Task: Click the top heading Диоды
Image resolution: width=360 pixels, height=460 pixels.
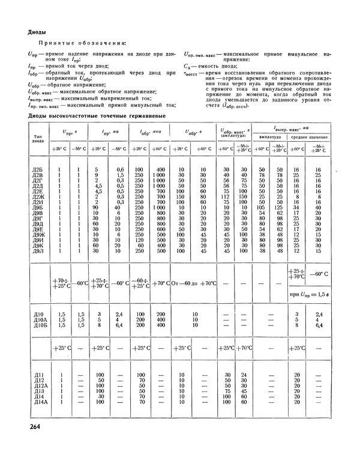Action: (x=38, y=32)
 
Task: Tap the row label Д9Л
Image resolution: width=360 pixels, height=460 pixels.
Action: (x=37, y=251)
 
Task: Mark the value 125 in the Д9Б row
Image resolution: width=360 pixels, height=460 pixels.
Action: (x=278, y=208)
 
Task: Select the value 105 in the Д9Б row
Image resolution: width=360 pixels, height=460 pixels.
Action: (x=262, y=208)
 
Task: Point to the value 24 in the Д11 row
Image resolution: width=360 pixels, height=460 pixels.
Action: (x=244, y=374)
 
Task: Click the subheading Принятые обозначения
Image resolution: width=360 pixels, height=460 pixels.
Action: (x=82, y=44)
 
